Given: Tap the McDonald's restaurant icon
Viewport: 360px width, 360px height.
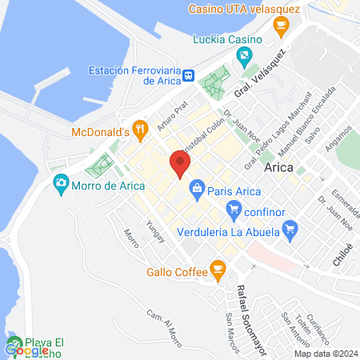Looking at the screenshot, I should [x=139, y=127].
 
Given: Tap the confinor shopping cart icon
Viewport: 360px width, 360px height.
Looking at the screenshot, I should [x=234, y=211].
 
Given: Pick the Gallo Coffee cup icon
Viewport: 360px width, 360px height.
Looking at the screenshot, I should [x=216, y=270].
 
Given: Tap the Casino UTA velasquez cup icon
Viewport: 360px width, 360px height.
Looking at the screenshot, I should [x=280, y=26].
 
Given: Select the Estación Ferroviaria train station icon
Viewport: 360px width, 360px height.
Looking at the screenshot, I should [x=188, y=75].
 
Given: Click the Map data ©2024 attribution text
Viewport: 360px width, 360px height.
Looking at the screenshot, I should [x=324, y=354].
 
